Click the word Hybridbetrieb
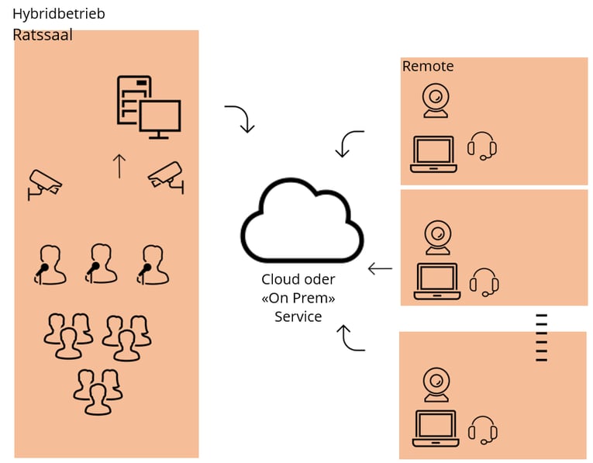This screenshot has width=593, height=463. (58, 14)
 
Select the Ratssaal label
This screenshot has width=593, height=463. (42, 34)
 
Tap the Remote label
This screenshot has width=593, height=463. (427, 67)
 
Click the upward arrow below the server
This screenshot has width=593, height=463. (119, 166)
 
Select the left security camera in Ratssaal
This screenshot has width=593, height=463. (44, 184)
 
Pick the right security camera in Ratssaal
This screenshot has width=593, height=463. (167, 176)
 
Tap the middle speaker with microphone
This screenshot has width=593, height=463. (101, 264)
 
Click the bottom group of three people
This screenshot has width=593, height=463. (97, 391)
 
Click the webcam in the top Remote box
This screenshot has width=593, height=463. (436, 102)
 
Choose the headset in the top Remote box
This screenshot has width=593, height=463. (482, 146)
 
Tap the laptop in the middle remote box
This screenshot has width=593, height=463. (437, 282)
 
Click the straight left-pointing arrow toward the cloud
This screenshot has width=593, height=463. (380, 269)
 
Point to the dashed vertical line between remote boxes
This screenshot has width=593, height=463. (541, 337)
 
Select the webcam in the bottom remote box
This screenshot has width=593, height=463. (436, 385)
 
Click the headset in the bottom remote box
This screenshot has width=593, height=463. (482, 430)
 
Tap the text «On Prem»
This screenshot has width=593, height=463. (298, 298)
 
